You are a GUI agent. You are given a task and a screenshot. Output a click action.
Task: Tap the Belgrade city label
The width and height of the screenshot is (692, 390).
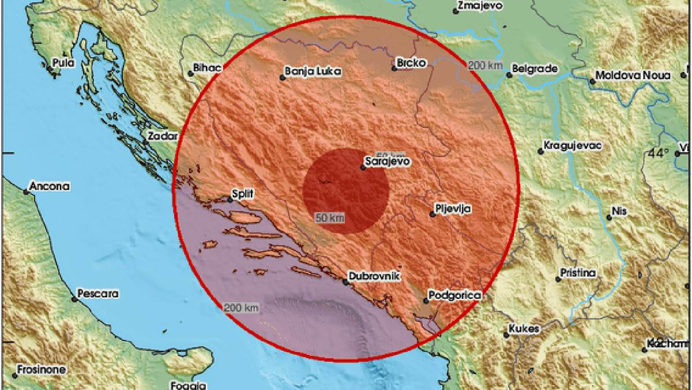(536, 69)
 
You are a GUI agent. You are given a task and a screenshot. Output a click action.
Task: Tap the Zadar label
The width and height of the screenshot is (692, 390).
(159, 137)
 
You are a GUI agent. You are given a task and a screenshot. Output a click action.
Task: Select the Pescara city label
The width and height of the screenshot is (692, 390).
(99, 294)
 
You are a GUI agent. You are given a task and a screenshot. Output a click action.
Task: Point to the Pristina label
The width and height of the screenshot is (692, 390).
(579, 273)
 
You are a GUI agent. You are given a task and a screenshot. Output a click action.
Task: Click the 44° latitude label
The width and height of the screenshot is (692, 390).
(657, 154)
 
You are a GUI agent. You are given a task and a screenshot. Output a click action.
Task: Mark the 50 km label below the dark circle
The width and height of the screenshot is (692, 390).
(330, 218)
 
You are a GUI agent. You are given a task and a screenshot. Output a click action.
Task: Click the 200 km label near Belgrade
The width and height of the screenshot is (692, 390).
(485, 65)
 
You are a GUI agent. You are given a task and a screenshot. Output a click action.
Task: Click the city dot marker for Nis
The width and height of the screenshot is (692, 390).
(609, 217)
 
